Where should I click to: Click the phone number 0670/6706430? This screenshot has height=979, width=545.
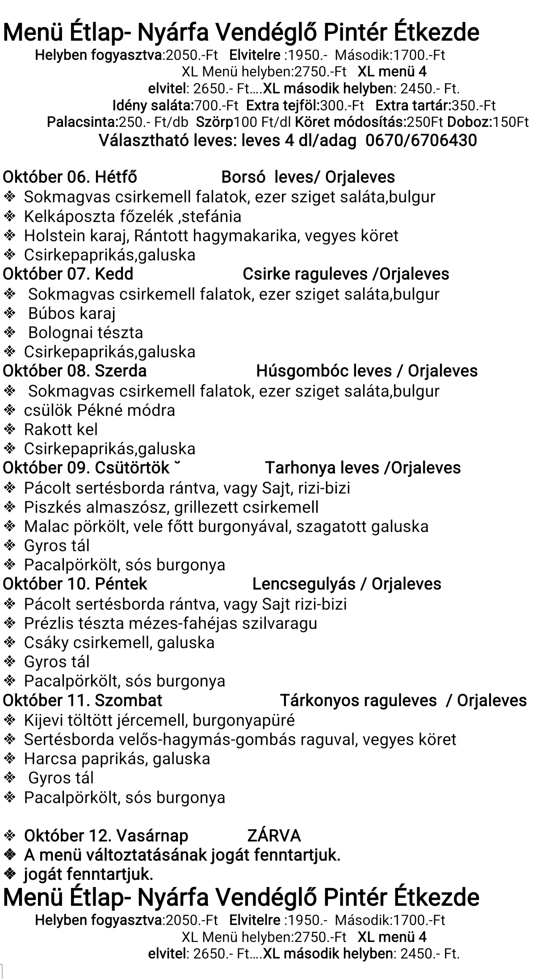pyautogui.click(x=421, y=141)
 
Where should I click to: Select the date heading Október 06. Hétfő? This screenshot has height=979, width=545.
pyautogui.click(x=70, y=177)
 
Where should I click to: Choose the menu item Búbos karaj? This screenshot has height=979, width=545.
pyautogui.click(x=71, y=314)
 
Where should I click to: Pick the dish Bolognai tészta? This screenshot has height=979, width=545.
pyautogui.click(x=85, y=333)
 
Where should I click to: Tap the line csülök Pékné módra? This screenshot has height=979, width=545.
pyautogui.click(x=99, y=410)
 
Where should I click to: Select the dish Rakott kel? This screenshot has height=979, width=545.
pyautogui.click(x=61, y=430)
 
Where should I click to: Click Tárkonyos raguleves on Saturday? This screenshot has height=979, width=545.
pyautogui.click(x=358, y=700)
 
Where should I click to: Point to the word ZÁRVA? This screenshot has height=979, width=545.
pyautogui.click(x=274, y=836)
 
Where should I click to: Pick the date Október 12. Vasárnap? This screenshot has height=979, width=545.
pyautogui.click(x=106, y=836)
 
